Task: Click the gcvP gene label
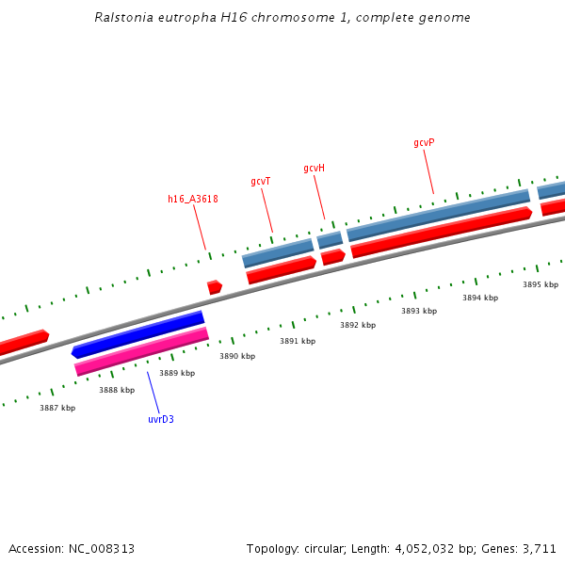tap(424, 143)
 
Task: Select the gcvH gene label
tap(314, 169)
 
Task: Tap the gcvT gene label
tap(261, 181)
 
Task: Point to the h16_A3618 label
tap(193, 199)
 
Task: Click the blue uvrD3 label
tap(161, 419)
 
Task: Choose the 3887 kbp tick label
tap(57, 408)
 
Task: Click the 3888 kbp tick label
tap(117, 390)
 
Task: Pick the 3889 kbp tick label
tap(177, 373)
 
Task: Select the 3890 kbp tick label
tap(237, 356)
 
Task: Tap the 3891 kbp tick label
tap(298, 341)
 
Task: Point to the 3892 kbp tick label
tap(358, 325)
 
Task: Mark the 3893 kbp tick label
tap(419, 311)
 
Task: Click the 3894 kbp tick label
tap(480, 298)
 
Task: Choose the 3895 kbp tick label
tap(541, 284)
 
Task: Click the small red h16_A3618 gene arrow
tap(215, 286)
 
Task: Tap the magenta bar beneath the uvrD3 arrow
tap(141, 351)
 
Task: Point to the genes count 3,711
tap(541, 548)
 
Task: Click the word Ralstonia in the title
tap(122, 18)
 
